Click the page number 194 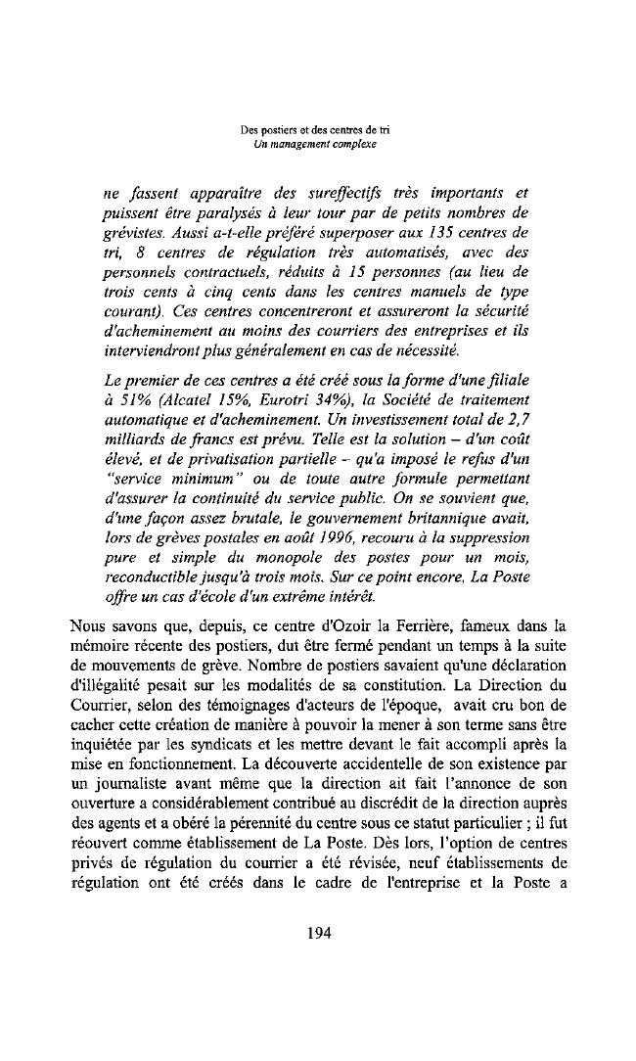pos(318,932)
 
